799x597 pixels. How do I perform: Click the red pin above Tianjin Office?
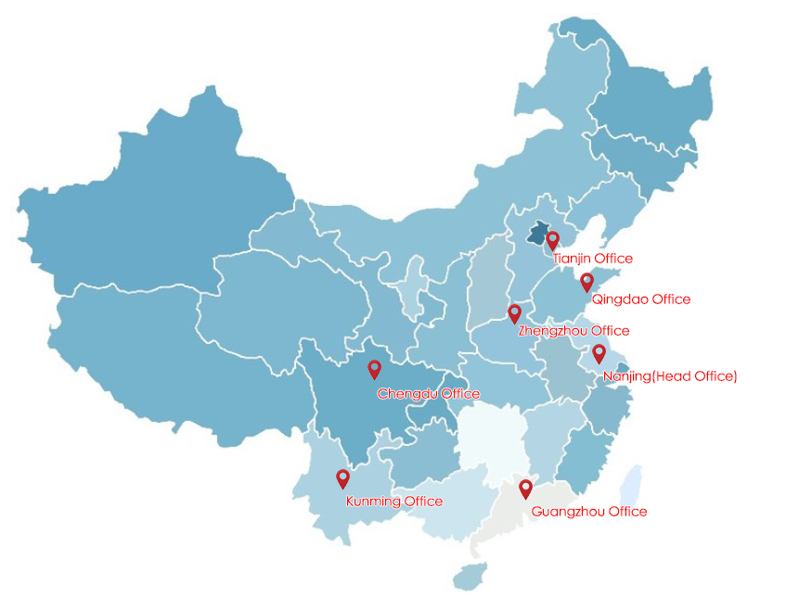point(553,240)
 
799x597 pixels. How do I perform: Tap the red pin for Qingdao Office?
point(586,282)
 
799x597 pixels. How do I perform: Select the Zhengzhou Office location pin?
point(514,313)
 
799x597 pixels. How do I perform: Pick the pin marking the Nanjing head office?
point(599,352)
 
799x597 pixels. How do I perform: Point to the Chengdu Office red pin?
point(375,369)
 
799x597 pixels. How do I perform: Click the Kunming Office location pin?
point(342,478)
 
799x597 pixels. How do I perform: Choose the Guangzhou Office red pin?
point(525,488)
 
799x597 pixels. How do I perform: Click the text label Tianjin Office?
point(592,259)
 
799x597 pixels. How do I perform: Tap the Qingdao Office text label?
point(640,299)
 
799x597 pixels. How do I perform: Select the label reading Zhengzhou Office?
point(573,331)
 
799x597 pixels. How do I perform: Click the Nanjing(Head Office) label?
point(669,376)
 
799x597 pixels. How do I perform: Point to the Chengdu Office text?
point(428,394)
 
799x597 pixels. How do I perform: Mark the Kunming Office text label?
point(393,502)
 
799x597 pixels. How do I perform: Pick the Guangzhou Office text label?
point(588,512)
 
